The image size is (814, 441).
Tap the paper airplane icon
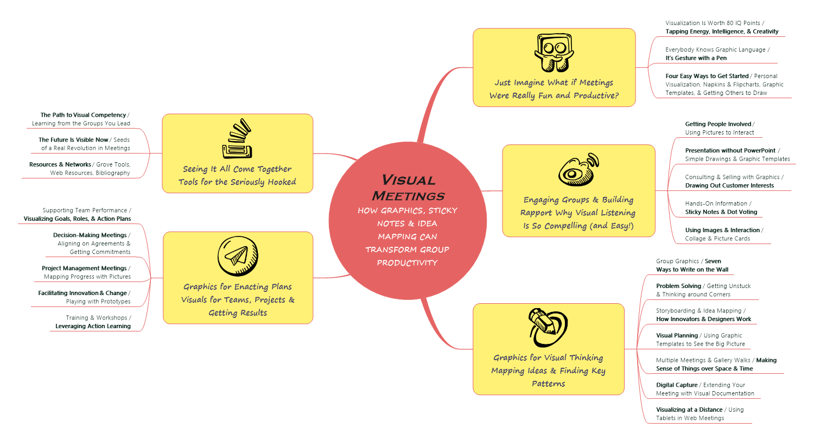238,256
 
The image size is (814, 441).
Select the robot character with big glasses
554,53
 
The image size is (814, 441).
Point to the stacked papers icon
238,139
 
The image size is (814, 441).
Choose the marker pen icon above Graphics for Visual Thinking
548,327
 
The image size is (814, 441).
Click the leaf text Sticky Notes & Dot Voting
721,212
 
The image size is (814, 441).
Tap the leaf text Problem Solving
678,286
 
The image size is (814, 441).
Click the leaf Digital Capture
677,385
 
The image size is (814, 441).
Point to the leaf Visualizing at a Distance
689,410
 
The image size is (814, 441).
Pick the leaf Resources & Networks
60,164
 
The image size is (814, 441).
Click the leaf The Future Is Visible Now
73,140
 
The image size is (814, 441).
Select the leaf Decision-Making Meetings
90,235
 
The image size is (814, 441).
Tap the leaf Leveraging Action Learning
93,326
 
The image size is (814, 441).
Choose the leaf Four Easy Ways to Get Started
707,76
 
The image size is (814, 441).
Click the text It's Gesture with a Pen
696,58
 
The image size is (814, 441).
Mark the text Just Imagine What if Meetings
554,82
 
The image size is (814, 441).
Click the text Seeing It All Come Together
237,169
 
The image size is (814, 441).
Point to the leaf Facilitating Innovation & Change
82,293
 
